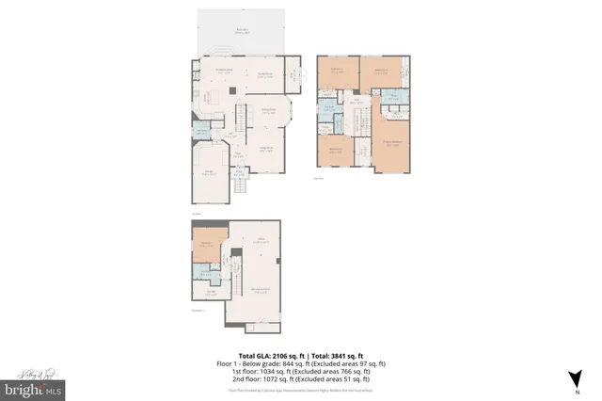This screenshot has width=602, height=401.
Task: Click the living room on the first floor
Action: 265,151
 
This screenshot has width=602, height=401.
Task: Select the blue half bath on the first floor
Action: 199,131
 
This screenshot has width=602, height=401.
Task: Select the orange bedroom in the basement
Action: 205,247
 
